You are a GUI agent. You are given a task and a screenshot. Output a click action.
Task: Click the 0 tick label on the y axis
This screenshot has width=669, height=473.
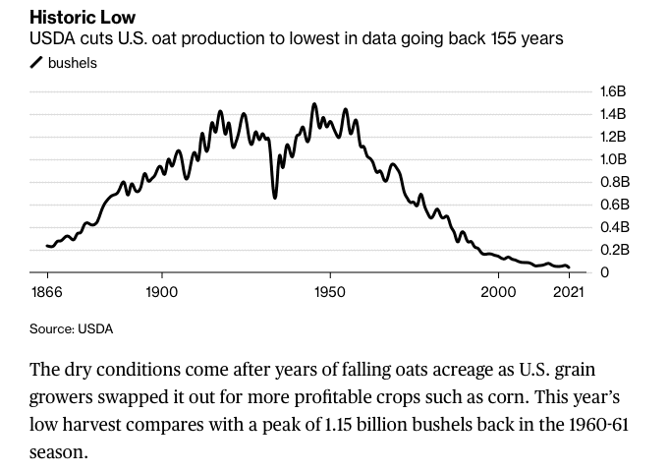(603, 272)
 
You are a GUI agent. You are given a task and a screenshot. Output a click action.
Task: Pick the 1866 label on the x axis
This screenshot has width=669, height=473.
(48, 291)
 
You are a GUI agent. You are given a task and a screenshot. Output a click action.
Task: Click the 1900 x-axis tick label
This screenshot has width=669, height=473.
(161, 291)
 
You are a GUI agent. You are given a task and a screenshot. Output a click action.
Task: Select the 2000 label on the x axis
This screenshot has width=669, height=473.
(498, 291)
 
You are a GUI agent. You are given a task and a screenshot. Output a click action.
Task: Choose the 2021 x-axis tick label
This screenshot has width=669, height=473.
(569, 291)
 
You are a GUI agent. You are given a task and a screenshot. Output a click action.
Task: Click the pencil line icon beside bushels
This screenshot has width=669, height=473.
(36, 63)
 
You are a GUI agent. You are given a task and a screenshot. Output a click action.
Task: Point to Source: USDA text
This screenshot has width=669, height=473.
(71, 328)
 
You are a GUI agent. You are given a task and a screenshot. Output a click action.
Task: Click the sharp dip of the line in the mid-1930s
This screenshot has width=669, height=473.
(275, 197)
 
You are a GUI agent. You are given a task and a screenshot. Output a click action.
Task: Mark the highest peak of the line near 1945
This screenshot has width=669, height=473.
(314, 103)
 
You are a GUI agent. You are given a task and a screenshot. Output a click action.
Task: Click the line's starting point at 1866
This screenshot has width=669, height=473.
(46, 246)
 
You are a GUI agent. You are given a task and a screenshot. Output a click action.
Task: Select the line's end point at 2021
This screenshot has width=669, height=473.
(569, 266)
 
